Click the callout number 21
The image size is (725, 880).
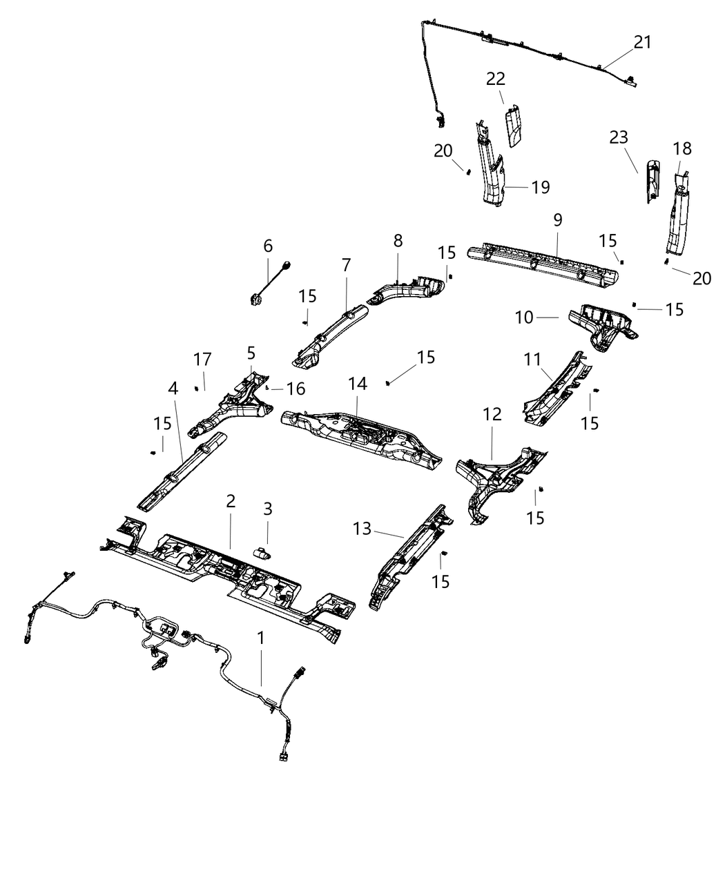[x=642, y=42]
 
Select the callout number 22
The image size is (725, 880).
[x=495, y=79]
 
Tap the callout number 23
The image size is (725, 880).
[x=619, y=137]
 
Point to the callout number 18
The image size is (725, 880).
[x=681, y=148]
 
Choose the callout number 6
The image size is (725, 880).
[x=268, y=246]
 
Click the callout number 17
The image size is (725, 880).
[x=202, y=360]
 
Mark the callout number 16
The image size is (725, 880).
[x=296, y=389]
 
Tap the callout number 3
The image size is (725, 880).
[x=268, y=509]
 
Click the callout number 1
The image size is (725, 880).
[x=260, y=638]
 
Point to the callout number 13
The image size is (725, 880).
[x=362, y=529]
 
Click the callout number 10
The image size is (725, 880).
[x=525, y=317]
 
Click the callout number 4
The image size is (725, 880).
[x=173, y=389]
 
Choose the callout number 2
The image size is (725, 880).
[x=231, y=501]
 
